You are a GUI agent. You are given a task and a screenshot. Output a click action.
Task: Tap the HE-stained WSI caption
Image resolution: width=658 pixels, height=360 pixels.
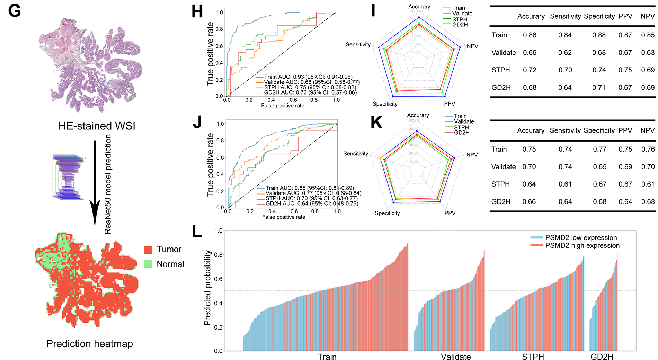point(97,126)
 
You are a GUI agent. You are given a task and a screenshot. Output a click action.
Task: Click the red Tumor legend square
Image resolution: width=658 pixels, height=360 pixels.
point(148,250)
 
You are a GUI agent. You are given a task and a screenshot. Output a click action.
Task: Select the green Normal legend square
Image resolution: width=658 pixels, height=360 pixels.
point(148,264)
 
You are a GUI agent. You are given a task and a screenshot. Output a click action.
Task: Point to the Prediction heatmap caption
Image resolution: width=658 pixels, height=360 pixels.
point(90,344)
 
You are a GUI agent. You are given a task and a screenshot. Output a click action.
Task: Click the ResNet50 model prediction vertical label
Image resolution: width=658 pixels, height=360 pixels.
point(108,184)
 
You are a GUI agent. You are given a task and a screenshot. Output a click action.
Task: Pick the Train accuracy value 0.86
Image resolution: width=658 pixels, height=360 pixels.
point(530,35)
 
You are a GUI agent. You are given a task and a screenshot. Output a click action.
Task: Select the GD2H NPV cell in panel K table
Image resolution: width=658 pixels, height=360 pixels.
point(648,201)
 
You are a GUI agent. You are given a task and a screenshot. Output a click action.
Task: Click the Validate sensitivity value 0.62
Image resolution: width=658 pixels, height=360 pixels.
point(565,53)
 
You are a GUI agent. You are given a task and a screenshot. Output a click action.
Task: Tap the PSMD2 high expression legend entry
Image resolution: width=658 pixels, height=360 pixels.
point(582,245)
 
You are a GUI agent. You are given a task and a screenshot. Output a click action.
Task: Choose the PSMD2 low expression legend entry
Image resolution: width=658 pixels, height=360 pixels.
point(581,238)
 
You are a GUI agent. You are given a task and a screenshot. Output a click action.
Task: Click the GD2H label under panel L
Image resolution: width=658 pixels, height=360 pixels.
point(602,357)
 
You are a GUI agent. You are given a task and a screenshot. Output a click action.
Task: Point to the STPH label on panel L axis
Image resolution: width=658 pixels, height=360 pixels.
point(533,357)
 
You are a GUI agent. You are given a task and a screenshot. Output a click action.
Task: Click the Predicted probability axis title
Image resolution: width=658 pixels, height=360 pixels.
point(207,288)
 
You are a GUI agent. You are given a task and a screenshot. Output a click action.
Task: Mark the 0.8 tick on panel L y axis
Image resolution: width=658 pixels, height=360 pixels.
point(218,255)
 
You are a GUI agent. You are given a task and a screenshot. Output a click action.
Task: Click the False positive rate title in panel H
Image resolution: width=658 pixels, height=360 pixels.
point(283,106)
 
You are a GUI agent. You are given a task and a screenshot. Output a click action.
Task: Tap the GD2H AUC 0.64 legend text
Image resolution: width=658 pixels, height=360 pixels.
point(312,204)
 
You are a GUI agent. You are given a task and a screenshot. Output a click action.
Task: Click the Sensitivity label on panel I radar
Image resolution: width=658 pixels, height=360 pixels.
point(358,44)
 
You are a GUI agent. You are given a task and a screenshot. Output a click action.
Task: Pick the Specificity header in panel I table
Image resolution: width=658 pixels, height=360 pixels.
point(599,16)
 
